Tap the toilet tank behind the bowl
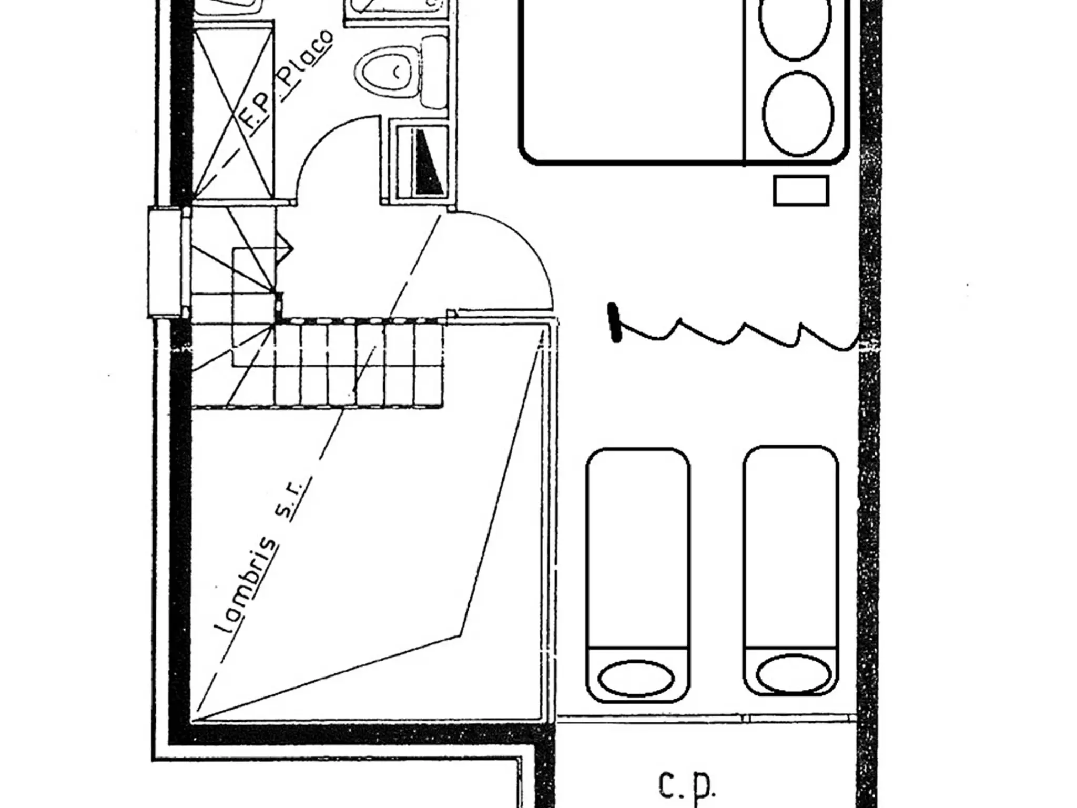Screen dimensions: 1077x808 pos(434,73)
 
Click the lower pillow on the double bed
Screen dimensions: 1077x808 pos(798,114)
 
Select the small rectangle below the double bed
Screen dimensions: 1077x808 pos(801,190)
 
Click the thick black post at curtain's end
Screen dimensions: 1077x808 pos(614,322)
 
